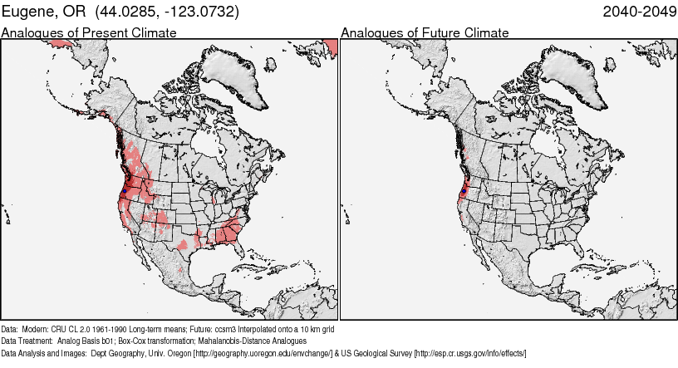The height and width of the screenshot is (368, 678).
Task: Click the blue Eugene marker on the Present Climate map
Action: pyautogui.click(x=123, y=190)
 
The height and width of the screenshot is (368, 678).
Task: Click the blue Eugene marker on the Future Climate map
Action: pyautogui.click(x=462, y=190)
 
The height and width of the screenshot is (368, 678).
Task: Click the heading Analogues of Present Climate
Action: pyautogui.click(x=89, y=32)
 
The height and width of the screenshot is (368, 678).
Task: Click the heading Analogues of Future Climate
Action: pyautogui.click(x=425, y=32)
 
